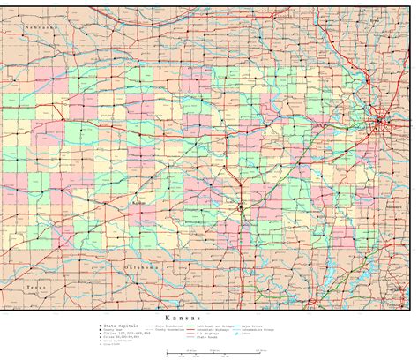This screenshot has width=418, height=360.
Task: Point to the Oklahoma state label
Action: [142, 266]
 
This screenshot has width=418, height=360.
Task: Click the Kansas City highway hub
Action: [381, 119]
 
